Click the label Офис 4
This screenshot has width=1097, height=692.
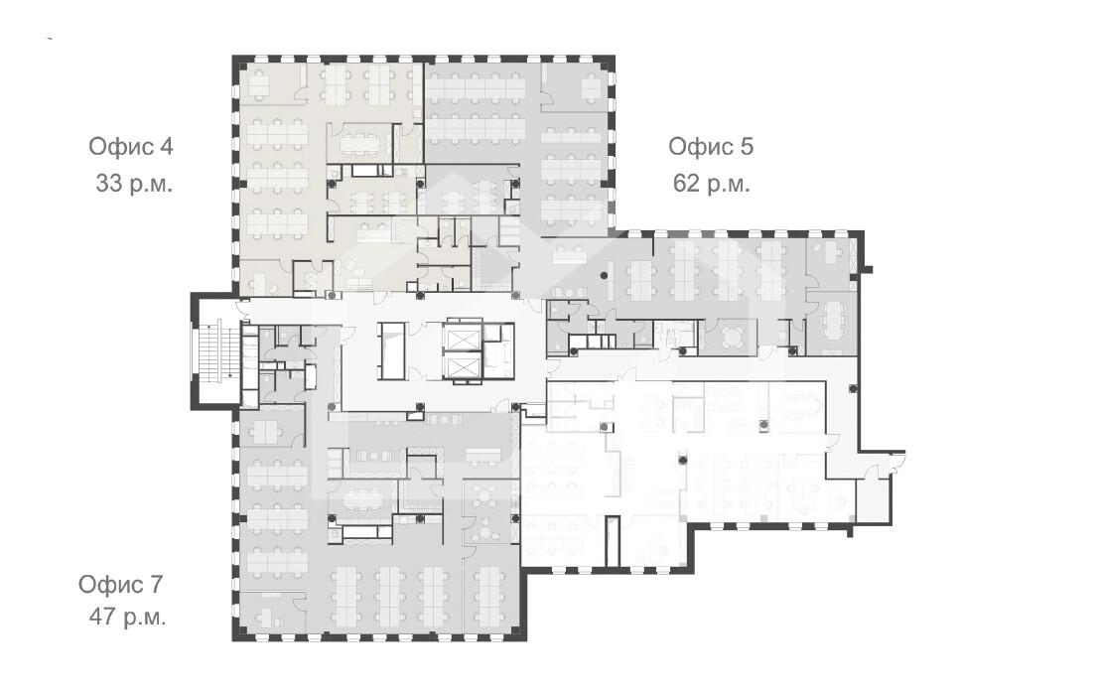click(x=131, y=147)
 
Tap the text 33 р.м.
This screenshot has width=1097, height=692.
click(x=134, y=184)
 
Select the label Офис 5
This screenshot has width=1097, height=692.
click(x=711, y=147)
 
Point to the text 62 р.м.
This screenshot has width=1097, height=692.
click(x=712, y=184)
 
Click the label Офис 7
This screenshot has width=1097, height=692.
click(x=120, y=584)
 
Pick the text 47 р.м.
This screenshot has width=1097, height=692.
click(x=127, y=618)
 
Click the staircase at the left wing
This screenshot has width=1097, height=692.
click(x=216, y=349)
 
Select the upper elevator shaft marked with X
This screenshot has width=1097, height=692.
click(x=461, y=339)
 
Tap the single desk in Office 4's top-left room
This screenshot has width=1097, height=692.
click(x=259, y=84)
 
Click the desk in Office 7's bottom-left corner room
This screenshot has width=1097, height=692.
click(x=264, y=618)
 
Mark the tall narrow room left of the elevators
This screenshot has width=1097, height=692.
click(x=391, y=349)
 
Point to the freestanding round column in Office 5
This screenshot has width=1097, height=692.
click(x=605, y=276)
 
